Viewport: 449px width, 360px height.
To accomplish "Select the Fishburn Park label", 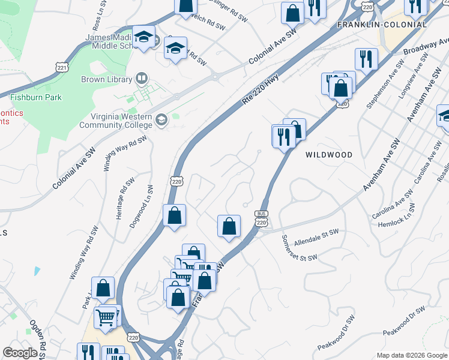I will coord(35,97).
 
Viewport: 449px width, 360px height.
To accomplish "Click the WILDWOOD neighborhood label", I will coord(328,154).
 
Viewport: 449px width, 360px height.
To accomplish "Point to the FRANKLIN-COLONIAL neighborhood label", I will coord(382,25).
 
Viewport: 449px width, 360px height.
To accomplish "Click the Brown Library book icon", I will coord(141,77).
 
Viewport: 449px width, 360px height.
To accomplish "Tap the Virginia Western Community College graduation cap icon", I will coord(161,121).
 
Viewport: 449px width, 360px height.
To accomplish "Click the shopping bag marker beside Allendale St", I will coord(229,226).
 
